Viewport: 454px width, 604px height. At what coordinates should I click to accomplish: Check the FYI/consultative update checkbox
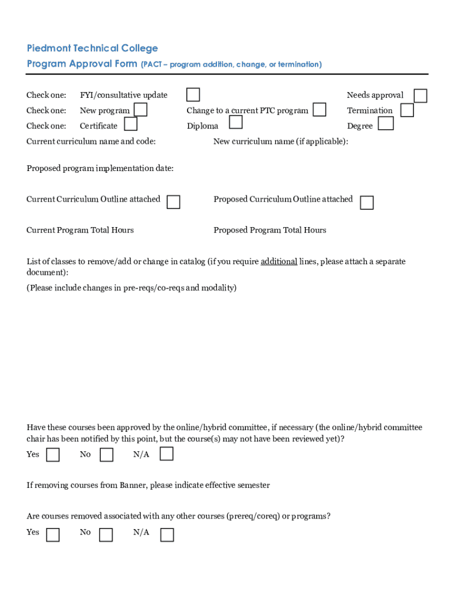point(193,95)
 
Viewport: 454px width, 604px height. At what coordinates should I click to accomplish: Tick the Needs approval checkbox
point(420,96)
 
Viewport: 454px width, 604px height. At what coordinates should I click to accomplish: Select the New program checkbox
point(140,110)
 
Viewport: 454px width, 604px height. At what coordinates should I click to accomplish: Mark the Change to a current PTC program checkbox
point(320,110)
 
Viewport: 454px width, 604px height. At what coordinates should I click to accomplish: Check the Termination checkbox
point(407,110)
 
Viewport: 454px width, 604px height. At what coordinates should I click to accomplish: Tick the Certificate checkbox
point(131,124)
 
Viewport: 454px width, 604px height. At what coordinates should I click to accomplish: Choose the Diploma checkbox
point(235,122)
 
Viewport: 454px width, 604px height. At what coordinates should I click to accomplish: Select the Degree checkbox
point(386,123)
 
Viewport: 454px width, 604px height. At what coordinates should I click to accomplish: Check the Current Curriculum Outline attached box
point(173,202)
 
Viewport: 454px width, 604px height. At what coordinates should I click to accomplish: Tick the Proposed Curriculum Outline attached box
point(367,203)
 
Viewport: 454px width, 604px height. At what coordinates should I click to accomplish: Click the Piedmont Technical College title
point(92,48)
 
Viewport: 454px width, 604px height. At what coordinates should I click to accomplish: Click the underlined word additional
point(279,261)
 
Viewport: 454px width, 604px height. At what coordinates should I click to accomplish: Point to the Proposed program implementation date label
point(100,169)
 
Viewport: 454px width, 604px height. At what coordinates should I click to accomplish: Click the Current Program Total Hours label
point(80,230)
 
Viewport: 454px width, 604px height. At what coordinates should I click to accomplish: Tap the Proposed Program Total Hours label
point(269,230)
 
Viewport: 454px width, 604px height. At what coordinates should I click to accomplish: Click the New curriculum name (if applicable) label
point(281,142)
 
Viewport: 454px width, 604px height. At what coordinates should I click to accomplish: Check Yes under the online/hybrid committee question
point(53,455)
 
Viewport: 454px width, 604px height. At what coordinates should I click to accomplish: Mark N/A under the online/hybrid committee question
point(167,454)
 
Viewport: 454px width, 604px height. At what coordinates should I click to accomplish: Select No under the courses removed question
point(106,535)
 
